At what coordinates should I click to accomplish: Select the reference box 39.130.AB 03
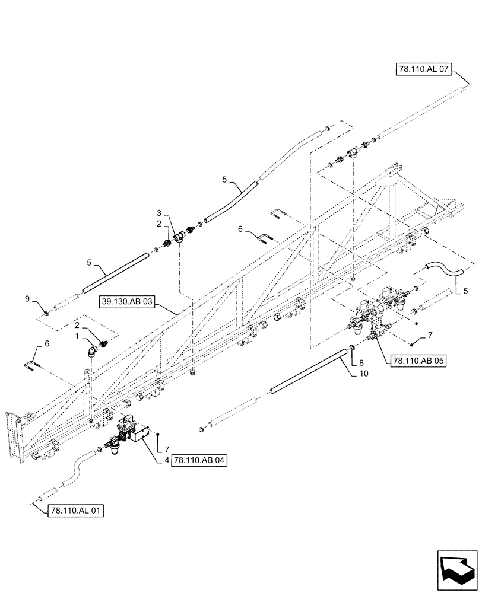pos(127,302)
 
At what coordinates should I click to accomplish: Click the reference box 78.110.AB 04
pos(199,460)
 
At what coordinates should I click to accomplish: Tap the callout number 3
pos(158,212)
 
